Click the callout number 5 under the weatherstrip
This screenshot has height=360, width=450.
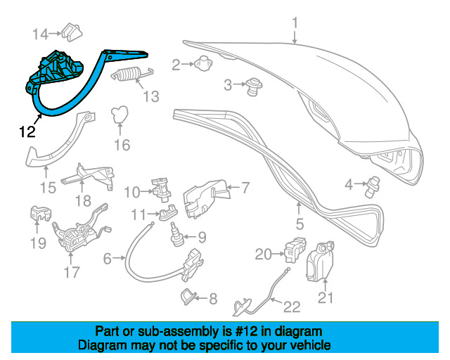pos(299,225)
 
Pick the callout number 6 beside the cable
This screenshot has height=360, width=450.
pos(108,259)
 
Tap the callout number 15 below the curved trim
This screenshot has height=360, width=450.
pos(47,187)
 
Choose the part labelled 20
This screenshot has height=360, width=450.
pos(295,250)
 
